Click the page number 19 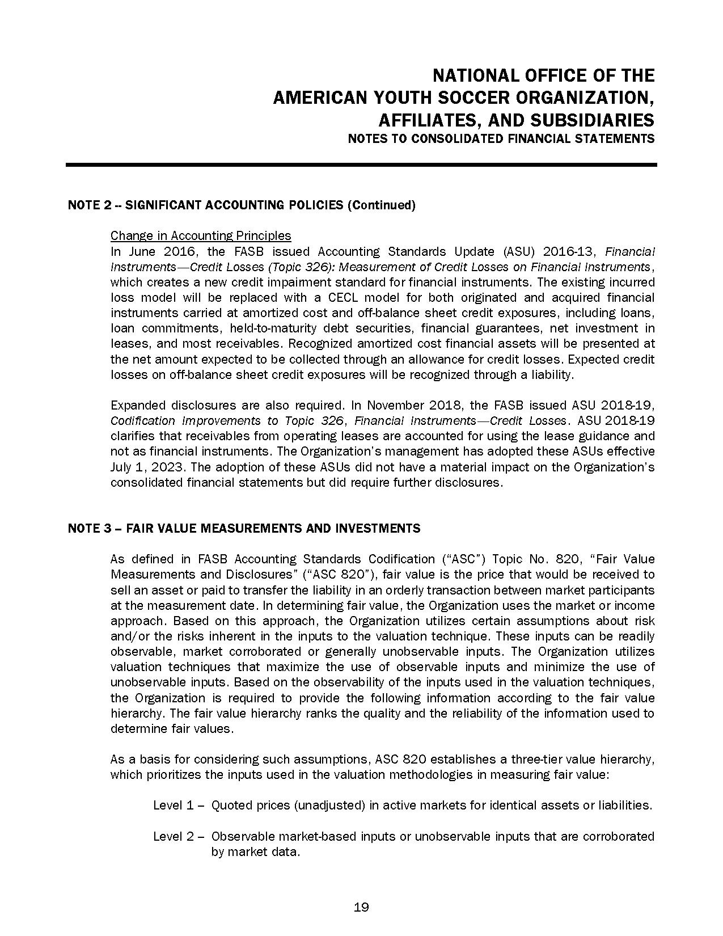[361, 907]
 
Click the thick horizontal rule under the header [361, 165]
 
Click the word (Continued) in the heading [381, 205]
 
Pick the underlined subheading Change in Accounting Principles [201, 235]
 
